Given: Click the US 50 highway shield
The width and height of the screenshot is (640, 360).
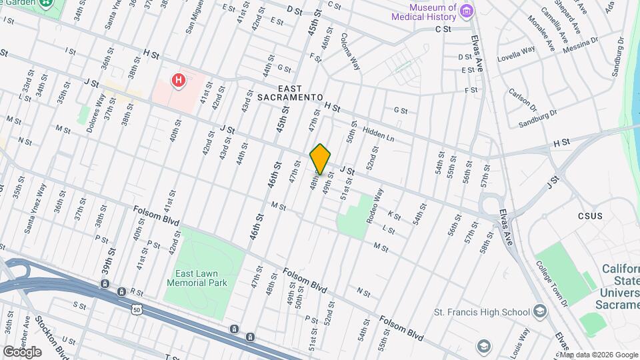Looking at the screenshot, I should pos(136,310).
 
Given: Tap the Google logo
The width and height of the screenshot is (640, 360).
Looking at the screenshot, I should pos(21,351).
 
